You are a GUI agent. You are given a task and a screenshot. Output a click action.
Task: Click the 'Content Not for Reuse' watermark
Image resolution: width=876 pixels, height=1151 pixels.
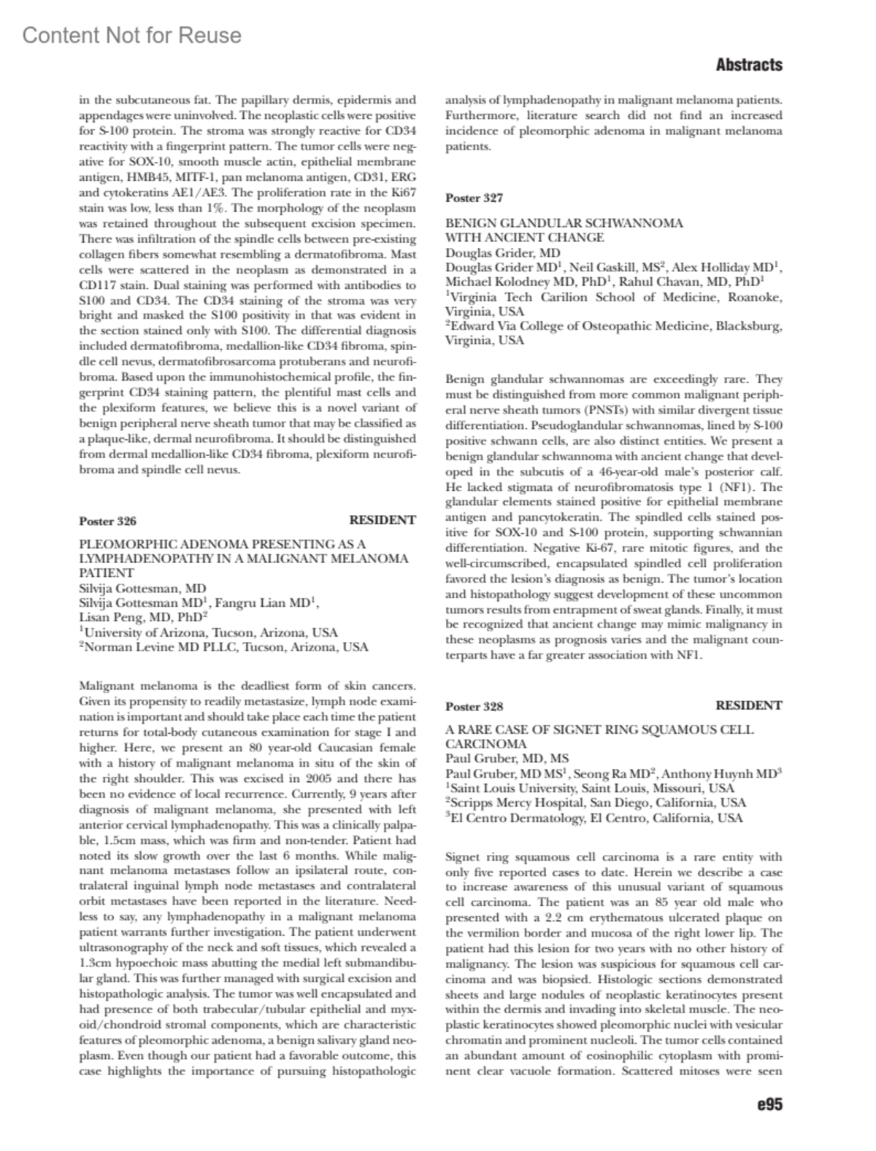(x=131, y=35)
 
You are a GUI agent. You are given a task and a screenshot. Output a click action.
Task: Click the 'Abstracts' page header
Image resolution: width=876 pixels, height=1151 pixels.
(x=748, y=65)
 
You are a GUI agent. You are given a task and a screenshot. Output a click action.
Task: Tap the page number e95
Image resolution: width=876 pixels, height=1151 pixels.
(x=769, y=1104)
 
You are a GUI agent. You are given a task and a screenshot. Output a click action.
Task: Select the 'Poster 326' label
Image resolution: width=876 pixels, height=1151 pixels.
(x=107, y=521)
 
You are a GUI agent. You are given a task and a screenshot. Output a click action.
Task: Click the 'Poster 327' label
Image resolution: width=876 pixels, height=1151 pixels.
(x=474, y=198)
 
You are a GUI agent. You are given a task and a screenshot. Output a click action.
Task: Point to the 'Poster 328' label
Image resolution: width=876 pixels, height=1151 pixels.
(x=474, y=706)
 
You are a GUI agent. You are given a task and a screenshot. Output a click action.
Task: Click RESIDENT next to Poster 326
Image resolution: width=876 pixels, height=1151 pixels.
(x=382, y=520)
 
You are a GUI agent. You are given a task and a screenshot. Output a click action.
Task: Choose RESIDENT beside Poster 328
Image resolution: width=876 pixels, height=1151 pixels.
(x=748, y=705)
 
